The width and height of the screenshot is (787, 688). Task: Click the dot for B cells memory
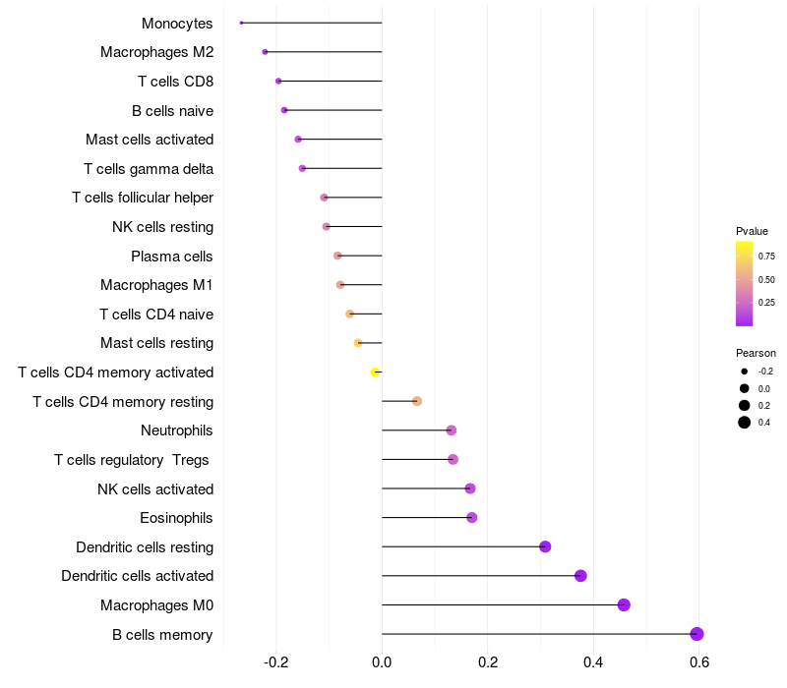696,634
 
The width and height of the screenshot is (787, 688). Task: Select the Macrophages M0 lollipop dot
624,604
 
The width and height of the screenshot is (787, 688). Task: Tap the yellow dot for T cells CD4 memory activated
375,373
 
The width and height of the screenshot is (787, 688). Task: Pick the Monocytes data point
241,23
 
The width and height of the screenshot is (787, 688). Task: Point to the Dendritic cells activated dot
580,576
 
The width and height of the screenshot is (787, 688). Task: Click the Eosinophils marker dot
471,518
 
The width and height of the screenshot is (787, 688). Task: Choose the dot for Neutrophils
451,430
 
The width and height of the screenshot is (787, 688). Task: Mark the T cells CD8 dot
278,82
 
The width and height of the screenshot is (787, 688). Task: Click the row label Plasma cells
171,257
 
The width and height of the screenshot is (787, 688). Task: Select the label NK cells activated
154,488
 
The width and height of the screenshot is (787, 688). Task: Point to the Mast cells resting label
156,343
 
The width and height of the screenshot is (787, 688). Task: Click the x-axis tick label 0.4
593,662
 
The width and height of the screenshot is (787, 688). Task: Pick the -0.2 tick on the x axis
276,662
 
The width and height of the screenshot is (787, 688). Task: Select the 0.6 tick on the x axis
698,662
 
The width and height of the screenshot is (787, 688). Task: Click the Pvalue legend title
752,231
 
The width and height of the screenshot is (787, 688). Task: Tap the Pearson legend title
756,353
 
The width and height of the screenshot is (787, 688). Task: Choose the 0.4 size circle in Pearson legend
745,423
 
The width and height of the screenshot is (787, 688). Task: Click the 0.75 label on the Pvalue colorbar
766,256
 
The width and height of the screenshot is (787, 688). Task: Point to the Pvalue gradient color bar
745,283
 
